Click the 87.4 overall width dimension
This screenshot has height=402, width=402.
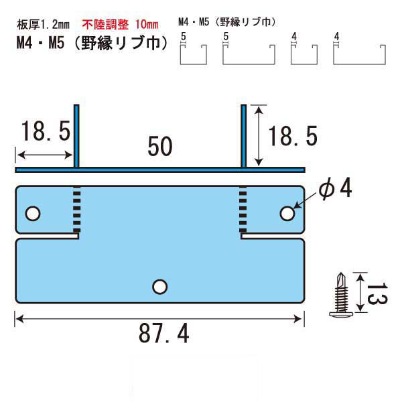point(164,333)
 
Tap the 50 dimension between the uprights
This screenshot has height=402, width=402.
point(160,146)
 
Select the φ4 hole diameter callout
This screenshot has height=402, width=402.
point(335,188)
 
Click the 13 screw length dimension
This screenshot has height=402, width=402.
point(377,293)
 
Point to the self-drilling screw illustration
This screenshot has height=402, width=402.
point(341,294)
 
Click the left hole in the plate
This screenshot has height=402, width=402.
point(33,214)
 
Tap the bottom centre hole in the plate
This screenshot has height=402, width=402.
point(159,287)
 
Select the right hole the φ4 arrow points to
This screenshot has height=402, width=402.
point(287,213)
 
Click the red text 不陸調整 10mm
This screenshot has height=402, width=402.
point(120,25)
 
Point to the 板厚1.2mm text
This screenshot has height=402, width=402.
point(43,25)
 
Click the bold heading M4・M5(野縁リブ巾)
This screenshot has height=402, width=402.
point(92,43)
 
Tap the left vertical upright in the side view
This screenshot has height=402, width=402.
point(76,136)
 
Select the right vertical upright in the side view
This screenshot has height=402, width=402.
point(244,136)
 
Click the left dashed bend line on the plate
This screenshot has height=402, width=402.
point(77,209)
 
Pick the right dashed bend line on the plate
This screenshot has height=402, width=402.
point(243,209)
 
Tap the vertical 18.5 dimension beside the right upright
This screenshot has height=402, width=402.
point(293,136)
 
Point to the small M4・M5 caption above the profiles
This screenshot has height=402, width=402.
point(227,22)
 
